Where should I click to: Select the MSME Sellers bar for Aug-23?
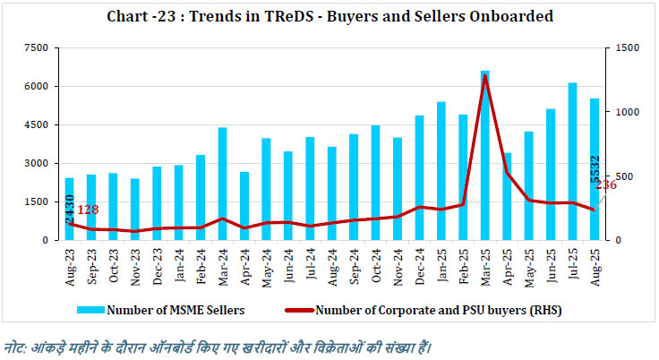pos(70,210)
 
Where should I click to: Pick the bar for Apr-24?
pos(244,206)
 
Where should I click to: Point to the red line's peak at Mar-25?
pos(484,76)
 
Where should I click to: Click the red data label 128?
pos(88,210)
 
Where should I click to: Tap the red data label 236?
pos(605,185)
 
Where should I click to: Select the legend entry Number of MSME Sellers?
pos(165,311)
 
